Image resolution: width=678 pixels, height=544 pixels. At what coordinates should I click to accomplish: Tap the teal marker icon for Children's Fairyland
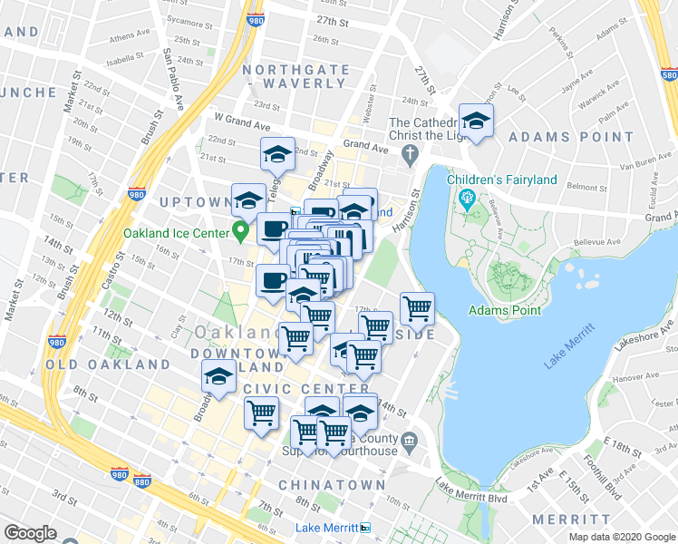point(468,198)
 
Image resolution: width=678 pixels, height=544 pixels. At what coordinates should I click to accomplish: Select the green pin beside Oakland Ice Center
point(240,230)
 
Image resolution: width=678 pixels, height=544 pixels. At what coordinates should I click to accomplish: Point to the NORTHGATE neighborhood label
point(290,69)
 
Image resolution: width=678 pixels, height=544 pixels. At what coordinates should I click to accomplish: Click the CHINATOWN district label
point(332,485)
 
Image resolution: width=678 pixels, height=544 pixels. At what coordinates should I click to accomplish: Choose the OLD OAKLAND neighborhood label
point(109,364)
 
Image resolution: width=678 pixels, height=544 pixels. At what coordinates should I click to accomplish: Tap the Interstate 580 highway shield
point(668,76)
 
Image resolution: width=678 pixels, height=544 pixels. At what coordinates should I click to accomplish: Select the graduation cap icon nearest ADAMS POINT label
point(475,121)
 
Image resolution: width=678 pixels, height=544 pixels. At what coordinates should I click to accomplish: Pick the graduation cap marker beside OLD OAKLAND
point(218,376)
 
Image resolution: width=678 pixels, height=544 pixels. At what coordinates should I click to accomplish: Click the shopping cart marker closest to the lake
point(416,308)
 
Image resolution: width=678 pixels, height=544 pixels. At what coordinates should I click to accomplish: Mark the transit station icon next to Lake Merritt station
point(364,528)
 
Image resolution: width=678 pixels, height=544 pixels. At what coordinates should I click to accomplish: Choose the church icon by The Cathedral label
point(410,151)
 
